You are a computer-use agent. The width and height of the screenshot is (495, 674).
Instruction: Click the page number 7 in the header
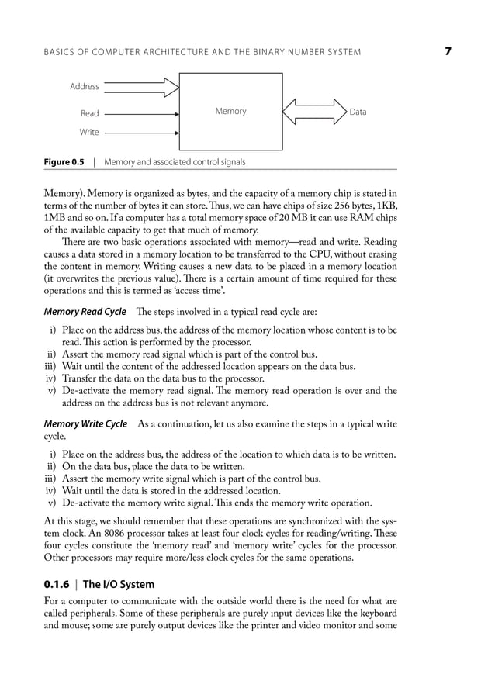[x=448, y=51]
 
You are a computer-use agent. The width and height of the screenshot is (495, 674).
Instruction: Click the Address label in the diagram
[x=85, y=86]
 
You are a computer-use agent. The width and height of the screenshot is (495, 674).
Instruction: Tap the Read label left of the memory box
[x=90, y=113]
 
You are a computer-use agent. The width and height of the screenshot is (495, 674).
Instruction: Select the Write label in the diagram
[x=89, y=132]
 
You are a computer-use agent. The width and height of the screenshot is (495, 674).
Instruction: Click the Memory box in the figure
[x=230, y=112]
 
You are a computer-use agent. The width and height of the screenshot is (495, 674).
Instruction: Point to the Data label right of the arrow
[x=358, y=112]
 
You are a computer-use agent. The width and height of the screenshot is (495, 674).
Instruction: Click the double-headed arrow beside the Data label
[x=315, y=112]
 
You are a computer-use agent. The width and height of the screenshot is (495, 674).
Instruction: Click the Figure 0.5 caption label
[x=64, y=162]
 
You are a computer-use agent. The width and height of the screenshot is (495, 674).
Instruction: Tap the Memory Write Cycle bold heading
[x=85, y=424]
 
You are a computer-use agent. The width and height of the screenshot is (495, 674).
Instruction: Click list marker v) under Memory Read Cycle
[x=53, y=391]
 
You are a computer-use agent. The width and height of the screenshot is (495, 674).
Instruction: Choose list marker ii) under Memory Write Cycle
[x=52, y=466]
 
